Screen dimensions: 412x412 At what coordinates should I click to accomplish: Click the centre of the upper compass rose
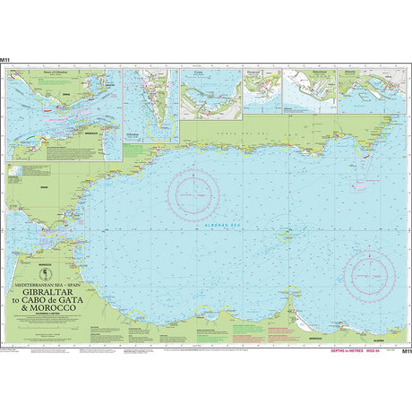click(x=196, y=191)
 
